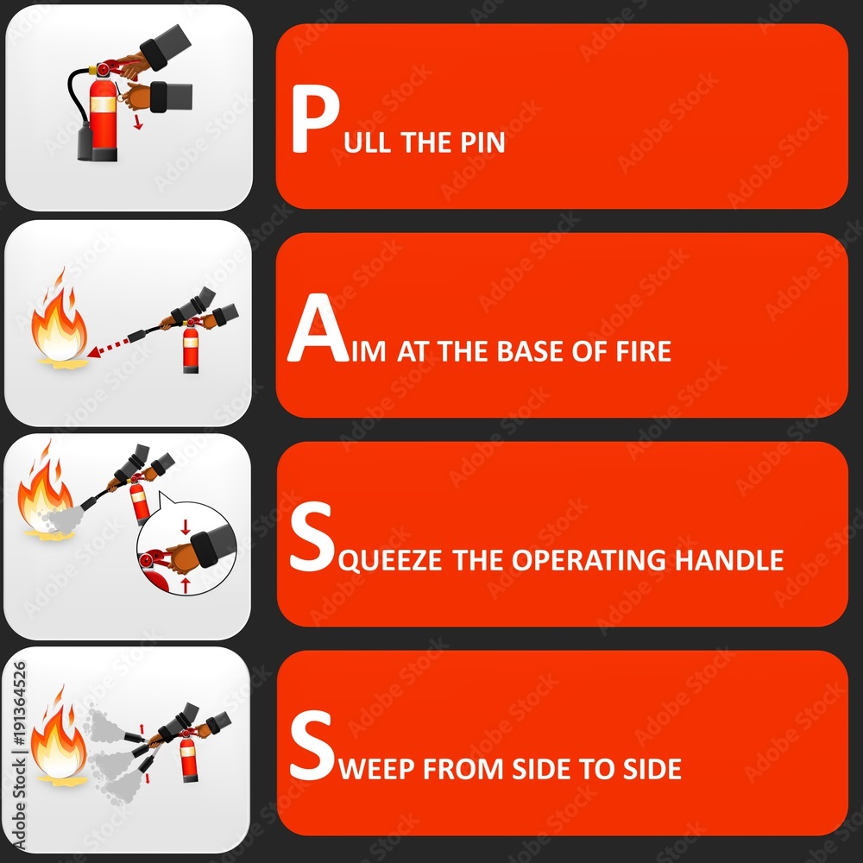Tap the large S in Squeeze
310,541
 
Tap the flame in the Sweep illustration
58,740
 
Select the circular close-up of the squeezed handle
186,549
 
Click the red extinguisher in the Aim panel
191,349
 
